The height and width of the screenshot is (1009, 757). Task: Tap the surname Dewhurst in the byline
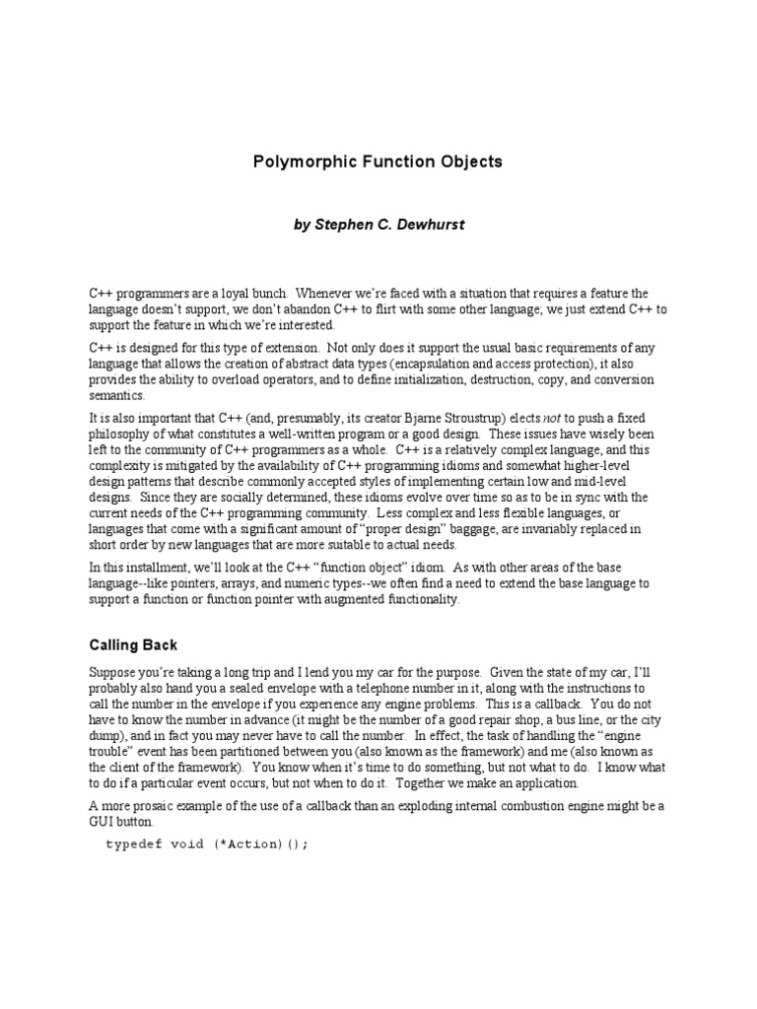[x=426, y=225]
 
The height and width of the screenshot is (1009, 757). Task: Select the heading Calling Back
[x=133, y=644]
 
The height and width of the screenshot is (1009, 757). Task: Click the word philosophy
[x=121, y=434]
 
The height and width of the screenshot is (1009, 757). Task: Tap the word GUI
[x=103, y=822]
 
